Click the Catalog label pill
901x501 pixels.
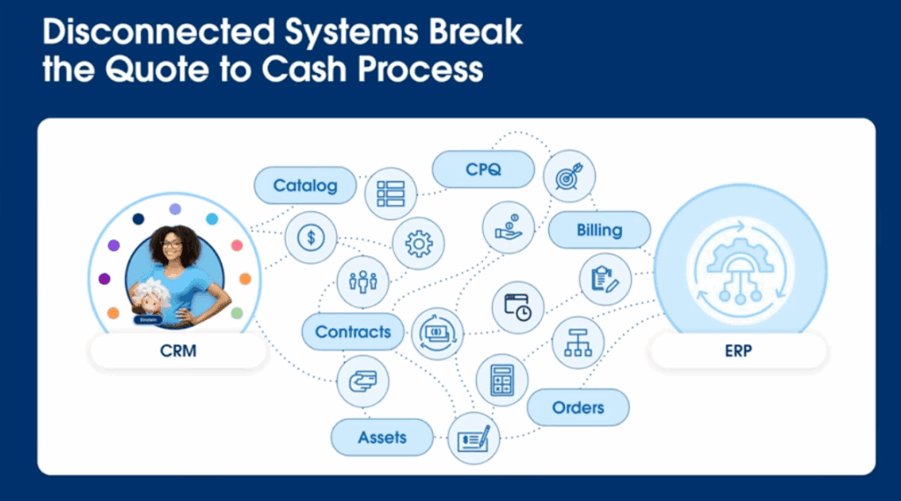click(305, 186)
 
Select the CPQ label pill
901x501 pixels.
click(483, 169)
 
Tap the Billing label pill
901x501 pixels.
click(599, 231)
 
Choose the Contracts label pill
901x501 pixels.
click(353, 332)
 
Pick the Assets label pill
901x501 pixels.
click(382, 437)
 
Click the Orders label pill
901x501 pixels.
click(578, 408)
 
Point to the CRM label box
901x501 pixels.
click(178, 352)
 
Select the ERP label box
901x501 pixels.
click(738, 352)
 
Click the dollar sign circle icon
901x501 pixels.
click(311, 237)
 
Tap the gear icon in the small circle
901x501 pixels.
click(418, 242)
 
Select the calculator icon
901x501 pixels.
click(502, 379)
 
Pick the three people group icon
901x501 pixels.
click(363, 282)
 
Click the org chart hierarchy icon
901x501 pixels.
click(577, 342)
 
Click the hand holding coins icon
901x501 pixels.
click(508, 226)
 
